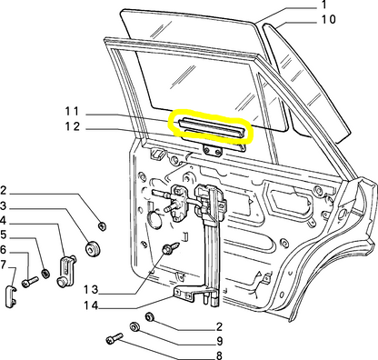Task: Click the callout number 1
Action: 324,5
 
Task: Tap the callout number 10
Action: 328,20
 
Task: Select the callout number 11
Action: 72,112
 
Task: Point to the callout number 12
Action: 73,126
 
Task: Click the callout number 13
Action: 91,290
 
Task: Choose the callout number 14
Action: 91,305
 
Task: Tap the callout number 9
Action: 220,342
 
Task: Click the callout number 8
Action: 219,355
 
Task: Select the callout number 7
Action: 3,265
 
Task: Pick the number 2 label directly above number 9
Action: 219,326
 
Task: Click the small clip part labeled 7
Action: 11,297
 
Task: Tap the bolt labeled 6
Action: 30,282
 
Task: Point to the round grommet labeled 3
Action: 92,248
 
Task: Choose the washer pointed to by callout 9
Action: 134,327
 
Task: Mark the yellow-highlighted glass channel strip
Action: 211,129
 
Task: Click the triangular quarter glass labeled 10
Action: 306,80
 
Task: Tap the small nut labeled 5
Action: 45,274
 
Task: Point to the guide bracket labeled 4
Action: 66,271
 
